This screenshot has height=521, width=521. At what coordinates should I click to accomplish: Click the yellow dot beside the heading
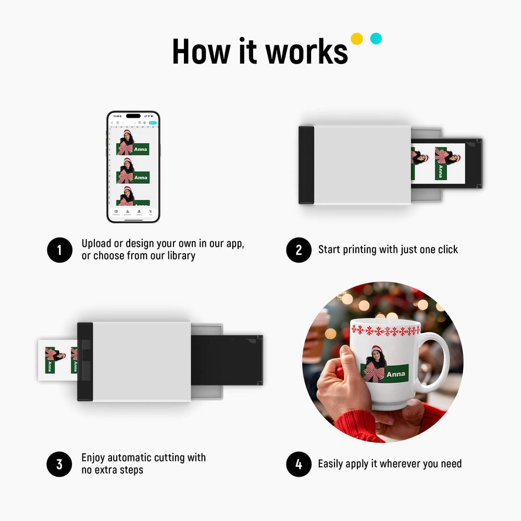pos(356,39)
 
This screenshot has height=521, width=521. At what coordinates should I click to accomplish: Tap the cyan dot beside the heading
pos(376,39)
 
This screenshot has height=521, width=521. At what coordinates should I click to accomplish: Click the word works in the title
pos(306,52)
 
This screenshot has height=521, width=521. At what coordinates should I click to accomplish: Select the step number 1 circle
pos(59,250)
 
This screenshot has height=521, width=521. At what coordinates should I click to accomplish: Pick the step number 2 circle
pos(299,250)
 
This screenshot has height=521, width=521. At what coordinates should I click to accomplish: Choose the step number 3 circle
pos(59,464)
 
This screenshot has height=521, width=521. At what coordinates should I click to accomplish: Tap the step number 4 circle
pos(299,464)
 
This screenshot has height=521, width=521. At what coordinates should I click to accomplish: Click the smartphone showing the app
pos(133,167)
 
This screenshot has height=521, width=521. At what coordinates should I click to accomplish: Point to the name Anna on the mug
pos(396,374)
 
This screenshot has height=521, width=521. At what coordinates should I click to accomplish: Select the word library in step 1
pos(180,256)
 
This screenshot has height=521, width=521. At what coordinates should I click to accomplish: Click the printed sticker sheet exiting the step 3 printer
pos(57,360)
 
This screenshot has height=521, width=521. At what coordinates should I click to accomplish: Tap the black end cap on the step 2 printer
pos(306,165)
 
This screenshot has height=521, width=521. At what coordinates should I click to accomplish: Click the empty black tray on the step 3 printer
pos(227,359)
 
